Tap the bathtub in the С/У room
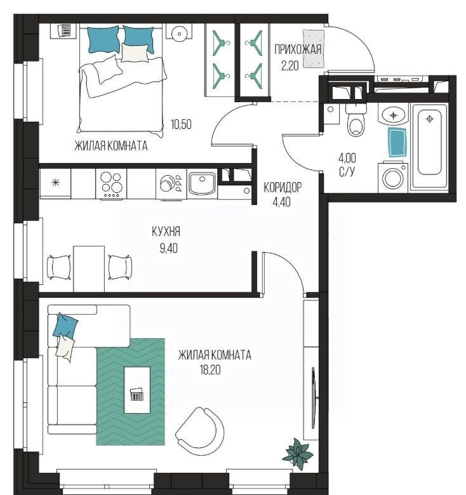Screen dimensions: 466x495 point(429,147)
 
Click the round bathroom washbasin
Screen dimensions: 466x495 point(394,116)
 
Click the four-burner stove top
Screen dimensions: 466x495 point(111,184)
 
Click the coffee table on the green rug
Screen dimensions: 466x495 point(137,390)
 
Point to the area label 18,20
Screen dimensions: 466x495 point(210,369)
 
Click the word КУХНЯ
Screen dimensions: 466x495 point(166,232)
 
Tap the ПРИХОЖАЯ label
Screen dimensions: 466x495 point(298,49)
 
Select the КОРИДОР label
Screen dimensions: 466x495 point(283,188)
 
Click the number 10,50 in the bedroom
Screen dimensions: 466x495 point(181,124)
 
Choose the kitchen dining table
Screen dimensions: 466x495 point(89,269)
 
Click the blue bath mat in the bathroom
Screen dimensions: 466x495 point(397,142)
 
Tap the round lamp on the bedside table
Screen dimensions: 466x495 point(178,33)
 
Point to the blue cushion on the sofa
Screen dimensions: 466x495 point(65,325)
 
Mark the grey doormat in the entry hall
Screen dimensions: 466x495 point(314,49)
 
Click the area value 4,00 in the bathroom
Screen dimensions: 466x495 point(347,157)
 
